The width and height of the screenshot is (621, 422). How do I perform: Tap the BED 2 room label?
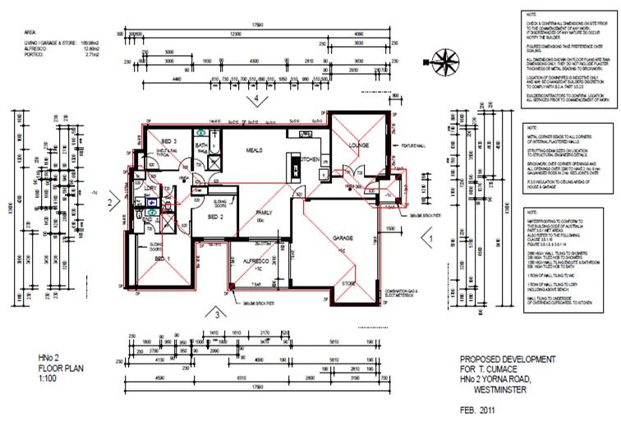coord(216,217)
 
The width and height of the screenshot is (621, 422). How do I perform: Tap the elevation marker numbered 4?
coord(257,99)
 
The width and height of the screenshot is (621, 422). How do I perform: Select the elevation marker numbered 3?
coord(216,313)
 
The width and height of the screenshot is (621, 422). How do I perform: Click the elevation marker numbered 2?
coord(108,200)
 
